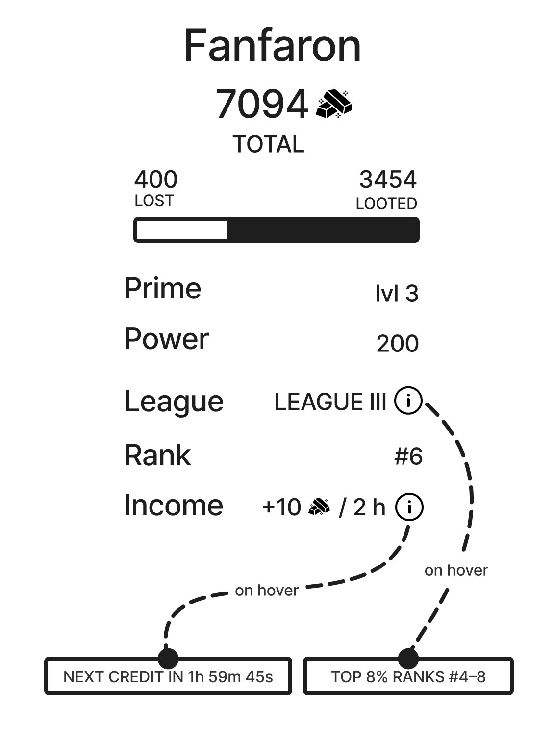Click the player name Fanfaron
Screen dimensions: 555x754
[x=273, y=46]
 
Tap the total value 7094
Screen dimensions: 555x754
[x=261, y=104]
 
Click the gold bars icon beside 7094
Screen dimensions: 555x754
[x=334, y=104]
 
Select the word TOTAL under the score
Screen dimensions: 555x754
[x=269, y=144]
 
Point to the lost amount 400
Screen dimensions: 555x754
[x=156, y=179]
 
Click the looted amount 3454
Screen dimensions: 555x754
[x=388, y=179]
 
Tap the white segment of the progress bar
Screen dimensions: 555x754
[x=182, y=230]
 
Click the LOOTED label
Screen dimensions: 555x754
[x=386, y=204]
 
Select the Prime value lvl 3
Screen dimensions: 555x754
[x=397, y=294]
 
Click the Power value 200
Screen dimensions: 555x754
[x=398, y=344]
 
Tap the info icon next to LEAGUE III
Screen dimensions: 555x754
[x=408, y=401]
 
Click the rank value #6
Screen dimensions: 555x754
[x=408, y=457]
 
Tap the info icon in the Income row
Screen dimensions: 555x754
[x=409, y=507]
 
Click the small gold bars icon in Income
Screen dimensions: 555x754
[x=319, y=507]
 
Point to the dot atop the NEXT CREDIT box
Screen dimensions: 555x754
[x=168, y=658]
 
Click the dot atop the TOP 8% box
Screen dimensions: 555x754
[x=408, y=658]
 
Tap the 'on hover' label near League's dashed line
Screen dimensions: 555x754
[x=456, y=571]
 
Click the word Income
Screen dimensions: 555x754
[x=174, y=506]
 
